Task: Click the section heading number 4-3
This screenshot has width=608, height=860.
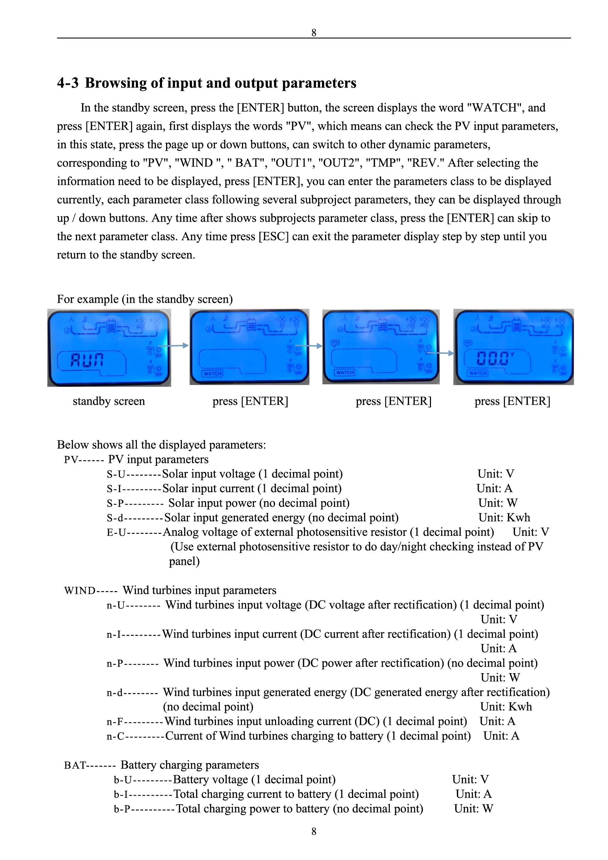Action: click(x=67, y=83)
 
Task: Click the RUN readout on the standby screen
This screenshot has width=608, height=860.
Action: click(x=87, y=360)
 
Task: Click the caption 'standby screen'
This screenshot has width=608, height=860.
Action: click(x=109, y=401)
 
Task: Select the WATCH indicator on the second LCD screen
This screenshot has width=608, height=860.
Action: click(x=212, y=373)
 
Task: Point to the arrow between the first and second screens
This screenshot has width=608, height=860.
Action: click(x=173, y=345)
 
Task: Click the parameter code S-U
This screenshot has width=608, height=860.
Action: click(x=116, y=474)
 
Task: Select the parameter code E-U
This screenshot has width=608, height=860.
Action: click(x=116, y=532)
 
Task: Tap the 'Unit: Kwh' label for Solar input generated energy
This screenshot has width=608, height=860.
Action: click(x=504, y=517)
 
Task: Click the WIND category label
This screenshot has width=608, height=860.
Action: click(x=80, y=591)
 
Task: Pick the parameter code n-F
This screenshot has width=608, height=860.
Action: click(x=115, y=721)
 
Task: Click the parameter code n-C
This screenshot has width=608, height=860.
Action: click(x=115, y=736)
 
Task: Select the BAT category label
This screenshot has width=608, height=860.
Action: click(x=75, y=765)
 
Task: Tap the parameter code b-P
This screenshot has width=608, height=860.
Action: click(x=122, y=809)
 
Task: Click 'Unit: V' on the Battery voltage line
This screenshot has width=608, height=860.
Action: click(x=470, y=779)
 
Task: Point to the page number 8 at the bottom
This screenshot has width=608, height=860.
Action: click(x=314, y=831)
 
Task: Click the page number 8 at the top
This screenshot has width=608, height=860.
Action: click(x=314, y=33)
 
